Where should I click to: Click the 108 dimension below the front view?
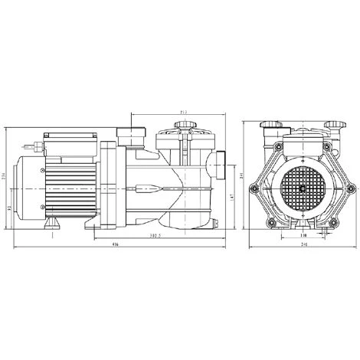[x=304, y=237]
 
